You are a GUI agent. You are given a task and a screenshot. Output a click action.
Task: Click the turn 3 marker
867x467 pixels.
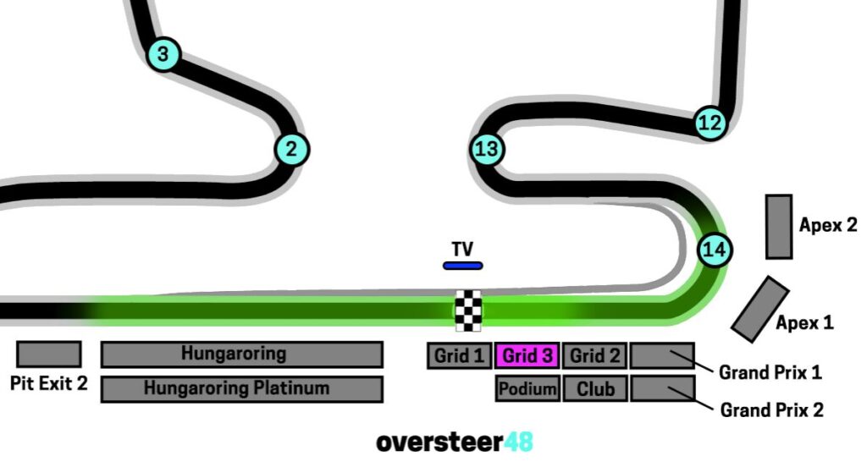click(x=163, y=55)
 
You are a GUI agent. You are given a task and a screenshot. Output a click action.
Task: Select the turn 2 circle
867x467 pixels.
click(x=291, y=150)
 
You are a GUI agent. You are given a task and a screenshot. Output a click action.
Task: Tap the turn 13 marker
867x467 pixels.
click(x=487, y=150)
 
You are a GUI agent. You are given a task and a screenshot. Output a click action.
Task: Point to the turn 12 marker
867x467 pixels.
click(x=710, y=124)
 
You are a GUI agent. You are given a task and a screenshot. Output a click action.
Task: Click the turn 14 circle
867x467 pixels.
click(x=715, y=250)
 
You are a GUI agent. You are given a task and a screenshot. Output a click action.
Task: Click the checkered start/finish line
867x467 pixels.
click(x=468, y=311)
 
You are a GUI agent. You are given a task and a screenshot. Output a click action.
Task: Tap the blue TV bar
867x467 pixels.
click(x=462, y=266)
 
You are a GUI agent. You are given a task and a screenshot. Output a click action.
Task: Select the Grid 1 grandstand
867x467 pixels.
click(x=459, y=356)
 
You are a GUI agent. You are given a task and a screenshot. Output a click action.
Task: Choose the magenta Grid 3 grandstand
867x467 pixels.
click(x=527, y=356)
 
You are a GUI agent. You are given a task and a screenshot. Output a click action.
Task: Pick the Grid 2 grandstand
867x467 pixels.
click(x=594, y=356)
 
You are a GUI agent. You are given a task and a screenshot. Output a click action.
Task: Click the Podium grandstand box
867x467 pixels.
click(x=527, y=389)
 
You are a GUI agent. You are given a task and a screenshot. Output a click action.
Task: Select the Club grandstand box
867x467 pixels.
click(x=594, y=389)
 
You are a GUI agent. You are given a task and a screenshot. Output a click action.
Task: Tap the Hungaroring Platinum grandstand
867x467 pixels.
click(x=241, y=389)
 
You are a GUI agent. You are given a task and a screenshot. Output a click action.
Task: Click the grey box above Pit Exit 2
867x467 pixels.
click(x=49, y=354)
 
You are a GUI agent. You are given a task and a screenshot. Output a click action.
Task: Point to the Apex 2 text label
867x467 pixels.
click(x=827, y=225)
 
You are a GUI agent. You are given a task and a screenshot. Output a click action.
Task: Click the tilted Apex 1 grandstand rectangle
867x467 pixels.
click(x=760, y=309)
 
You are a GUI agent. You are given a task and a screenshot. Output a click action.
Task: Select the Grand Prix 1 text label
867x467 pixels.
click(x=770, y=371)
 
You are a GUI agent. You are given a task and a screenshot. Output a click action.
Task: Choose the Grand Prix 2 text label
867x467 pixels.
click(x=771, y=410)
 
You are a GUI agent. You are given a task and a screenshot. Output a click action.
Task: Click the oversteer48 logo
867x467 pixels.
click(x=455, y=442)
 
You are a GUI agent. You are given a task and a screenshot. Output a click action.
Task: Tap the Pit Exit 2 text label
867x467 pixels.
click(x=49, y=383)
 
